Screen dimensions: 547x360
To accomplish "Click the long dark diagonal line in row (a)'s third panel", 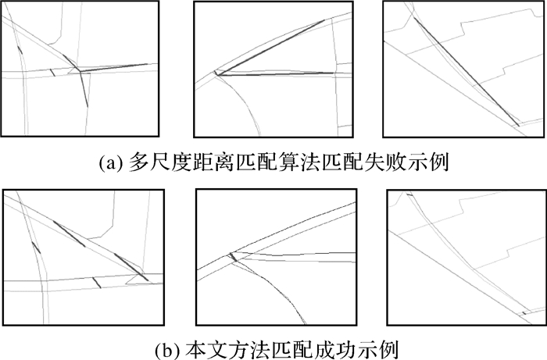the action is tap(467, 71).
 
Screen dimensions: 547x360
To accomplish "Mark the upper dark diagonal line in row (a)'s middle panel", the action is tap(270, 47).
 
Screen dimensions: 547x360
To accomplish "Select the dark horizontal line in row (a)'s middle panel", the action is tap(276, 74).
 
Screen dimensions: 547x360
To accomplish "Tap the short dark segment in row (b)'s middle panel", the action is tap(233, 257).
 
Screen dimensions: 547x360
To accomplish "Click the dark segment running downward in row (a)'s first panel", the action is tap(84, 89).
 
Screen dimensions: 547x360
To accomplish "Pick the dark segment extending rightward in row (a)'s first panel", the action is tap(114, 68).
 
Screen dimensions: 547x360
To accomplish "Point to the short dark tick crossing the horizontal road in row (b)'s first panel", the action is tap(97, 283).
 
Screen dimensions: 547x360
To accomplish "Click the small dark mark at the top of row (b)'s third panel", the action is tap(410, 194).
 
